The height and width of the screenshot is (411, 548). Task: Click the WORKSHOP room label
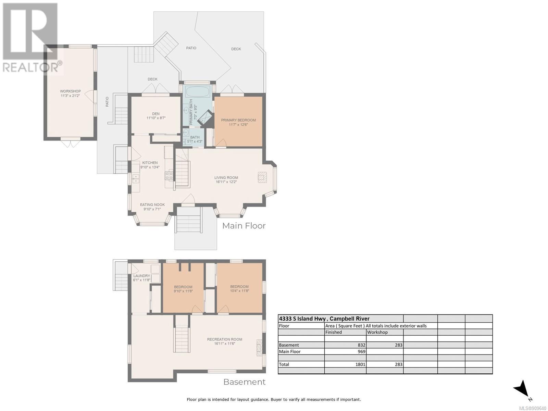(x=70, y=91)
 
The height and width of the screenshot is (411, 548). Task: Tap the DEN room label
(x=156, y=114)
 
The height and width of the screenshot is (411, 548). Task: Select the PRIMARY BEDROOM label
(x=238, y=120)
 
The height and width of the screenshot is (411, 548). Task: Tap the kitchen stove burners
(x=169, y=175)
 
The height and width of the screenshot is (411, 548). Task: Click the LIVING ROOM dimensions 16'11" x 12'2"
(x=226, y=182)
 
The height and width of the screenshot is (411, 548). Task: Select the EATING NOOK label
(x=152, y=204)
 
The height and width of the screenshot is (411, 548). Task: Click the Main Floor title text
(x=244, y=226)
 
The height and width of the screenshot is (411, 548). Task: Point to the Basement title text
(x=244, y=382)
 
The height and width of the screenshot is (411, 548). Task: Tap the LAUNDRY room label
(x=141, y=276)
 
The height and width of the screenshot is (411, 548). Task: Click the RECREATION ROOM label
(x=224, y=339)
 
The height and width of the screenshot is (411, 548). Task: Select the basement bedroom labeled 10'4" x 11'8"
(x=239, y=289)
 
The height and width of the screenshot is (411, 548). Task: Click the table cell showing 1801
(x=360, y=364)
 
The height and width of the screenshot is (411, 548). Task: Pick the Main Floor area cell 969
(x=361, y=352)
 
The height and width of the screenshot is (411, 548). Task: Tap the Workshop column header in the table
(x=377, y=332)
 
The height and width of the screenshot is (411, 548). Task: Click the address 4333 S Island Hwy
(x=302, y=319)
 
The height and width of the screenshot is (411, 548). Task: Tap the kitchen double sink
(x=136, y=179)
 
